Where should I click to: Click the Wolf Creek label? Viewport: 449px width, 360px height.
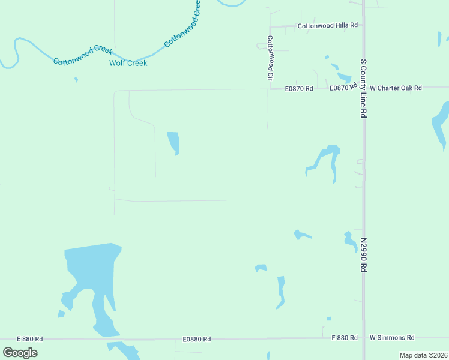128,63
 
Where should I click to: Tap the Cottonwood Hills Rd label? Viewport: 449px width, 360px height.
328,26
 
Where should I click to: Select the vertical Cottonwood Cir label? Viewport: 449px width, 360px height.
270,58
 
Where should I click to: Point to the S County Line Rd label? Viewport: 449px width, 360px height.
363,88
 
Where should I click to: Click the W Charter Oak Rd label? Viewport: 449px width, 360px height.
396,88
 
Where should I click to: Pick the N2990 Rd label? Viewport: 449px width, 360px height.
363,255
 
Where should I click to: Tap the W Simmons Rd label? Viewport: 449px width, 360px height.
392,338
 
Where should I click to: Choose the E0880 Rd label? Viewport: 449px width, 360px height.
197,340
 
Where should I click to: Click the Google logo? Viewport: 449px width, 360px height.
20,353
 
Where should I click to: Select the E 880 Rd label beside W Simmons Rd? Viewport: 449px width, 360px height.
345,338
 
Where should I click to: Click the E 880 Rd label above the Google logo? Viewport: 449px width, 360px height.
30,339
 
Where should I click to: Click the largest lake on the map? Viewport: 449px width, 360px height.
90,270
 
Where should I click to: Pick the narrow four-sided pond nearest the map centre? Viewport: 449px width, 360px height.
173,142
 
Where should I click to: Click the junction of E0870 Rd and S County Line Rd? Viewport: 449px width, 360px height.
363,88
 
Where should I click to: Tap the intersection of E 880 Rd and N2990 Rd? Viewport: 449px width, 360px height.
363,338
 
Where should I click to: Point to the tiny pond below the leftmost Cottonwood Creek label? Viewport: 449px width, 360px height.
76,79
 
